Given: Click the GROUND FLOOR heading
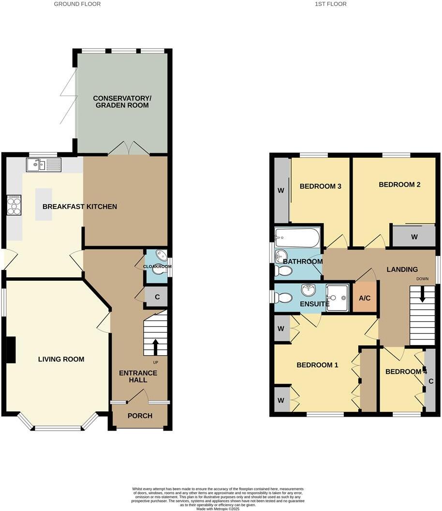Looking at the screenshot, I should coord(77,4).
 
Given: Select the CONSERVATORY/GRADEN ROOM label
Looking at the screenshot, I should coord(122,102).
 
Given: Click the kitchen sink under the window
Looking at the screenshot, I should coord(43,165).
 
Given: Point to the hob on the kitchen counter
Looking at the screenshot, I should coord(14,204).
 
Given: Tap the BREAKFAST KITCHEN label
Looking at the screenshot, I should coord(80,207).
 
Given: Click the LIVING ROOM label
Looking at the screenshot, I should coord(61,359).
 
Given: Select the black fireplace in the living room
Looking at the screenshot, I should coord(10,349).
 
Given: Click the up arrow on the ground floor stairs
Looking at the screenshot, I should coord(156,346).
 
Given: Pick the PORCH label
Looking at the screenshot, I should coord(140,416).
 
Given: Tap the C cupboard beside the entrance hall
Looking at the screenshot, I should coord(157,297).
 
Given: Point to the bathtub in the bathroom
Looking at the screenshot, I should coord(296,237).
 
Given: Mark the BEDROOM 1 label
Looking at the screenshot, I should coord(317,365).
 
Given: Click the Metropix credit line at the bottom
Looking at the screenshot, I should coord(221,508).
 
